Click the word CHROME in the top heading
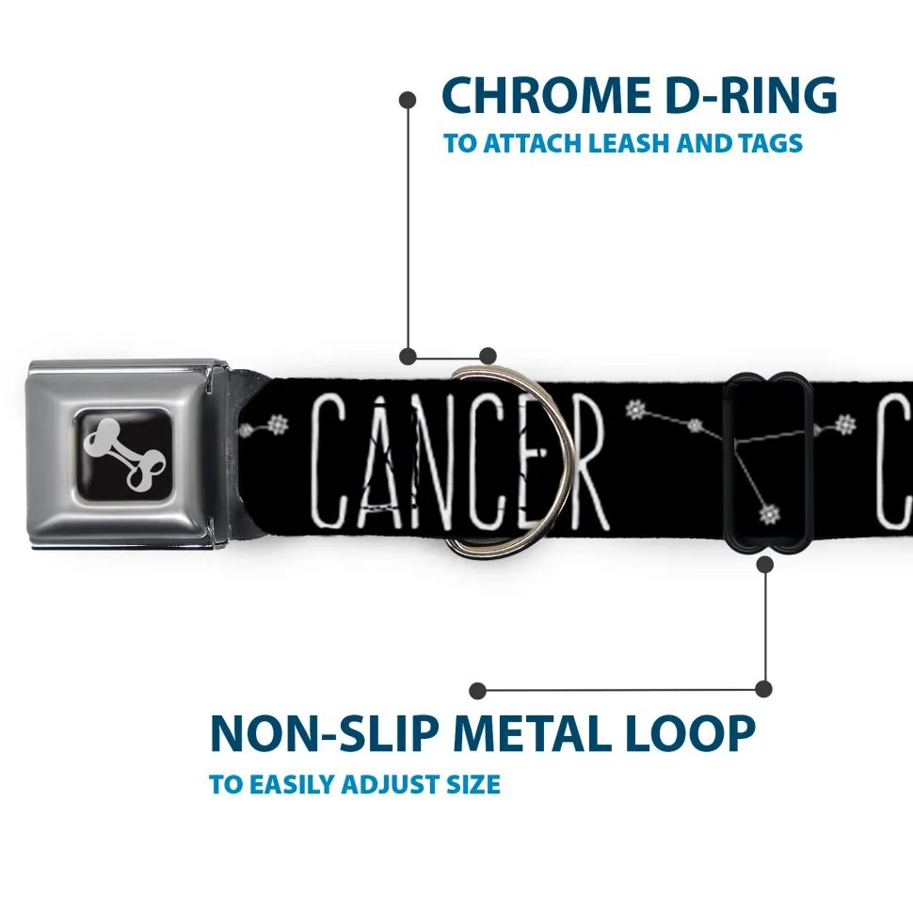coord(546,95)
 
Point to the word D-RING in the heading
coord(751,95)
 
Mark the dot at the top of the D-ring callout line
coord(408,100)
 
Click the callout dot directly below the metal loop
coord(764,564)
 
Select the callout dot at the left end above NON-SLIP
coord(477,691)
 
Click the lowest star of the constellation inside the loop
coord(770,515)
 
